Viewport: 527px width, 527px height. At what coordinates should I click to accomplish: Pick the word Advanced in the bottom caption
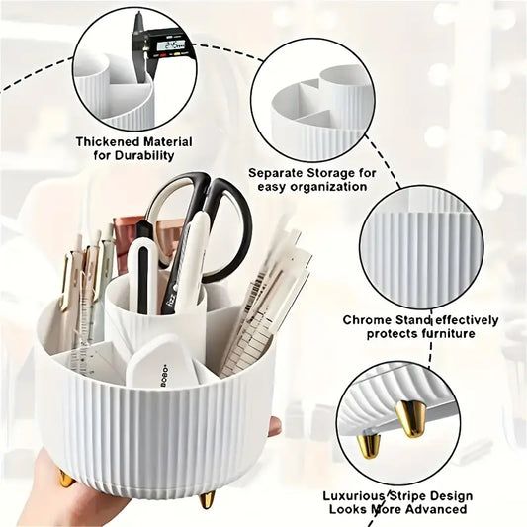pyautogui.click(x=433, y=509)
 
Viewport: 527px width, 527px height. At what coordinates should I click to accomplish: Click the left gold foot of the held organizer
pyautogui.click(x=66, y=480)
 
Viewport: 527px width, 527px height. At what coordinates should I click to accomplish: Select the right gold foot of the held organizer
pyautogui.click(x=207, y=499)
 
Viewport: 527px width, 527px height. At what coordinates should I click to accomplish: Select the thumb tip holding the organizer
pyautogui.click(x=273, y=426)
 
